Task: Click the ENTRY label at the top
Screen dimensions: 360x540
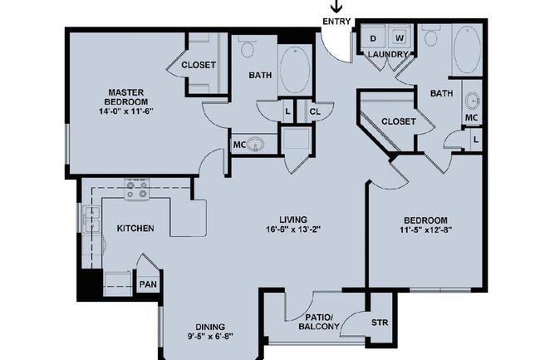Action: (336, 22)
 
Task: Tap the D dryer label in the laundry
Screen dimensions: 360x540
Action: (373, 38)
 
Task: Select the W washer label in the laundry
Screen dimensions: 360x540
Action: (399, 38)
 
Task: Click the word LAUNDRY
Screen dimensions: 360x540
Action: (388, 55)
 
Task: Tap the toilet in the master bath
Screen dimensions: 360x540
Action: (248, 47)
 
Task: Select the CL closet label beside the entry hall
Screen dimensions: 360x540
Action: (315, 111)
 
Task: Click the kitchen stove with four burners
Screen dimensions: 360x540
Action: (136, 191)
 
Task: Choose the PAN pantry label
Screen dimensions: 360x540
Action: (147, 284)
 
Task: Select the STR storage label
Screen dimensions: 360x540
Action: (378, 323)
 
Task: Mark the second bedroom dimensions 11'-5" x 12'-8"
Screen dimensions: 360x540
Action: (425, 230)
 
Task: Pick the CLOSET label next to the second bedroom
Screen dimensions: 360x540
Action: (398, 121)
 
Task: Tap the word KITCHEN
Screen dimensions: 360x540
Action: (135, 228)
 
